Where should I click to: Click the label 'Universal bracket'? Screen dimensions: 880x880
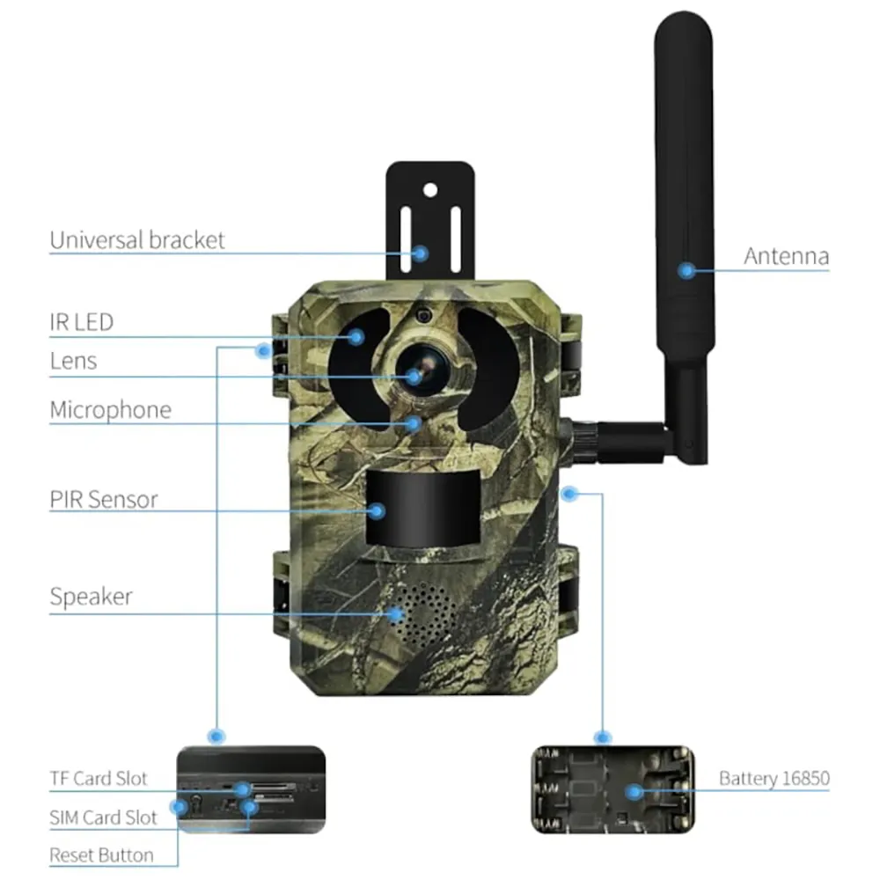[x=137, y=240]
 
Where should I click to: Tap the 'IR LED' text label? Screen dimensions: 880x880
[x=81, y=322]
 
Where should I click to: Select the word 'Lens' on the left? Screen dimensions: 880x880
[x=73, y=361]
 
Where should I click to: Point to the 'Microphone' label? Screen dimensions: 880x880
[x=110, y=410]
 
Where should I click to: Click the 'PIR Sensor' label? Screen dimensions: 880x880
[x=104, y=500]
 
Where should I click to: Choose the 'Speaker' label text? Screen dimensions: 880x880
[x=91, y=597]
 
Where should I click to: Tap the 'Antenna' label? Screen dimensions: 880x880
[x=786, y=256]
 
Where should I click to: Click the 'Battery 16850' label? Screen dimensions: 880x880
[x=774, y=778]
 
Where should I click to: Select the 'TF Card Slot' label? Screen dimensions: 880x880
[x=99, y=779]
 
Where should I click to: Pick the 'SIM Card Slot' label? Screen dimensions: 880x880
[x=103, y=818]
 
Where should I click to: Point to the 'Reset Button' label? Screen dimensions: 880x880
[x=101, y=854]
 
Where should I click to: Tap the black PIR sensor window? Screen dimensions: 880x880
[x=423, y=508]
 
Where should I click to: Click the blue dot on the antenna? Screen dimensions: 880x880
[x=685, y=270]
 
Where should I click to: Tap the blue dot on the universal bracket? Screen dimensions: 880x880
[x=421, y=253]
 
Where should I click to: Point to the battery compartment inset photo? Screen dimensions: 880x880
[x=612, y=789]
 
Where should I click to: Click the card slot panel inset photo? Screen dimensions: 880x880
[x=250, y=788]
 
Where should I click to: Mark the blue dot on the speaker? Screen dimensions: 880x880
[x=396, y=613]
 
